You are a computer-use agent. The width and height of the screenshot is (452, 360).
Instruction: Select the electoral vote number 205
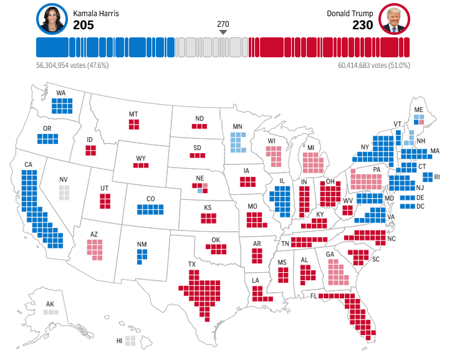pos(85,25)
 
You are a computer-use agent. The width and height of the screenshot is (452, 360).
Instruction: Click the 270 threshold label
pos(223,24)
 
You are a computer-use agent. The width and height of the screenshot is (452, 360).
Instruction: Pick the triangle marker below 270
pos(223,32)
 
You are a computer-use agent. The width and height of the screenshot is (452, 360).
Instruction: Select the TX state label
pos(191,264)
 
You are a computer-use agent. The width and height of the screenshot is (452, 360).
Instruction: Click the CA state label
pos(28,165)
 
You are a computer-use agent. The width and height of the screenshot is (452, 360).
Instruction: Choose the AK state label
pos(50,305)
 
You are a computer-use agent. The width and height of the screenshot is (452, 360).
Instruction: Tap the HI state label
pos(119,341)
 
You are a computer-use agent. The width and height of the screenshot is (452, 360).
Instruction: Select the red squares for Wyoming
pos(141,165)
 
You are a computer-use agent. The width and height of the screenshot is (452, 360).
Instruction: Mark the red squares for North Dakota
pos(199,126)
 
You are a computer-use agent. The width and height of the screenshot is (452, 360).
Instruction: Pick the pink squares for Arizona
pos(94,248)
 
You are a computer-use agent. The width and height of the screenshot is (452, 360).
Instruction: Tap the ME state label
pos(418,109)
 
